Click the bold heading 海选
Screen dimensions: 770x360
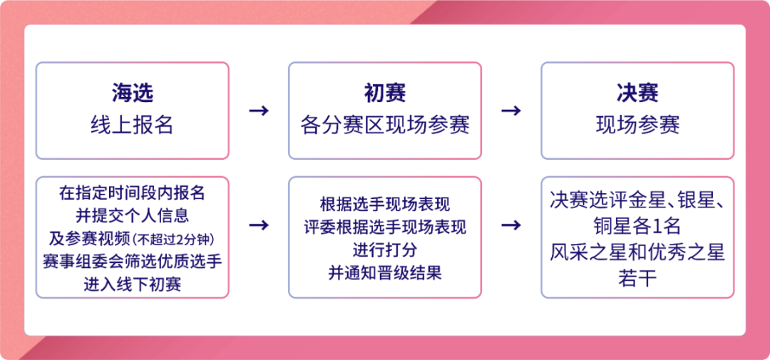tap(132, 94)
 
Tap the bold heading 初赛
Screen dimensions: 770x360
tap(385, 94)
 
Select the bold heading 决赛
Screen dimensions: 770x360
tap(637, 94)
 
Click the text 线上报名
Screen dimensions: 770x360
tap(132, 125)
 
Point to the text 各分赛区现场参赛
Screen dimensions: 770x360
tap(385, 125)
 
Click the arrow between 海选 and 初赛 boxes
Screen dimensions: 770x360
tap(259, 110)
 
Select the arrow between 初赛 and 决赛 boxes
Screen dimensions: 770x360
tap(511, 110)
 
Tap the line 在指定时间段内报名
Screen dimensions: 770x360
tap(132, 193)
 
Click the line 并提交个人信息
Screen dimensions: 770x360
tap(132, 215)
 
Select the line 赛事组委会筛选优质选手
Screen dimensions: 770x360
tap(132, 262)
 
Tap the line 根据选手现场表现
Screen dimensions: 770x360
tap(385, 204)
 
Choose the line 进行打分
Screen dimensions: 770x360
tap(385, 250)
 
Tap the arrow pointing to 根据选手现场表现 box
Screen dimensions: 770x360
tap(259, 225)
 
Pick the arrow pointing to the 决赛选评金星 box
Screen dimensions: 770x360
tap(511, 225)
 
